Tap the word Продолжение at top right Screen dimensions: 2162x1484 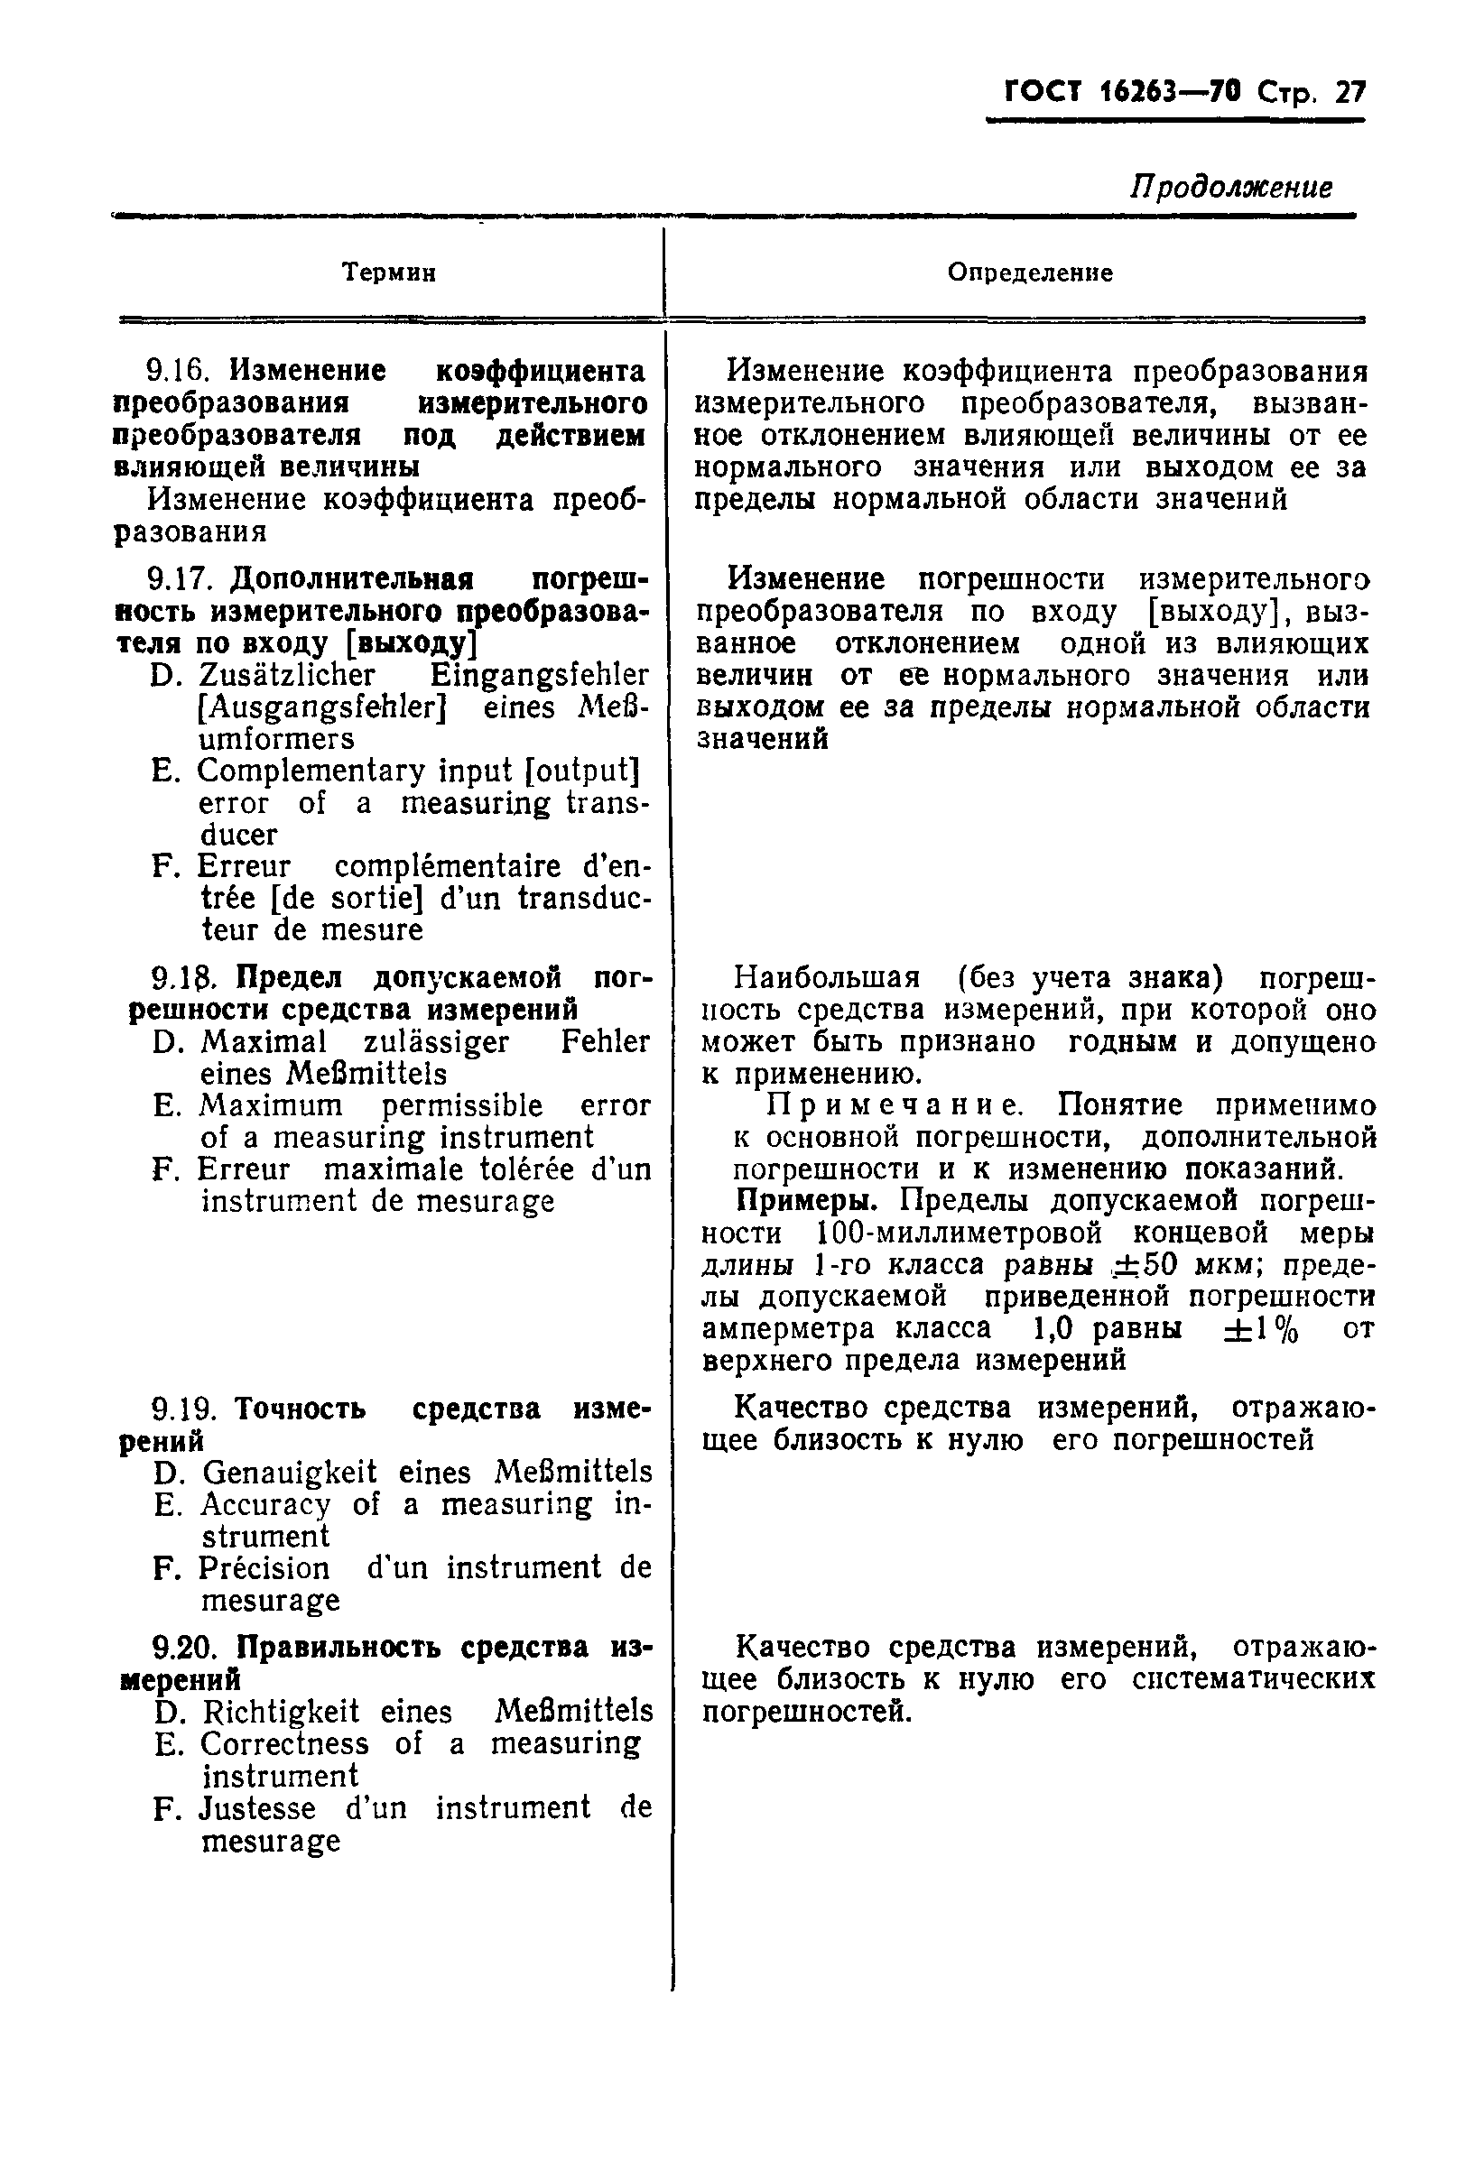point(1231,188)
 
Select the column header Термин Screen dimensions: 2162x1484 point(389,273)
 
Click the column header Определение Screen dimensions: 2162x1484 point(1030,273)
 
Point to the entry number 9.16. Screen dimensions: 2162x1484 point(175,371)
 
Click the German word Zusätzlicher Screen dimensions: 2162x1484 point(286,674)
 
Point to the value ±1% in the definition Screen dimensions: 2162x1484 point(1261,1328)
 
